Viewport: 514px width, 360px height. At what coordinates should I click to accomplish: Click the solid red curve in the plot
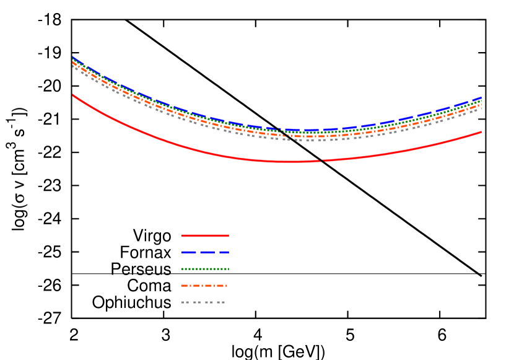(186, 147)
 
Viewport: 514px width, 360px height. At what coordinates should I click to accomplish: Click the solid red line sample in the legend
(205, 235)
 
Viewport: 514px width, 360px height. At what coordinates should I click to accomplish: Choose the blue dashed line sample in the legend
(205, 252)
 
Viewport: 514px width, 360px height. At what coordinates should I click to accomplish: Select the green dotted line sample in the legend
(205, 269)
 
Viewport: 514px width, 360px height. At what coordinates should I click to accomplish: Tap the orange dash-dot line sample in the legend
(204, 286)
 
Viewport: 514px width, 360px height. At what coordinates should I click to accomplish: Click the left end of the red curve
(73, 95)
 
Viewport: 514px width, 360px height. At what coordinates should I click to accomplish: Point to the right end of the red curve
(481, 132)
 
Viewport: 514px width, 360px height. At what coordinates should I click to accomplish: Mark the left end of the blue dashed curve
(73, 58)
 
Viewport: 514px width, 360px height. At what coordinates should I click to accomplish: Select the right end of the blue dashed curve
(481, 98)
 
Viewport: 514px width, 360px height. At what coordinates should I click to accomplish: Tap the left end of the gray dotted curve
(74, 66)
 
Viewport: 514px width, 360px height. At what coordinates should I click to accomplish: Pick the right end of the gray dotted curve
(481, 109)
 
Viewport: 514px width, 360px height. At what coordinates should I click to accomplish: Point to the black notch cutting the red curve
(321, 160)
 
